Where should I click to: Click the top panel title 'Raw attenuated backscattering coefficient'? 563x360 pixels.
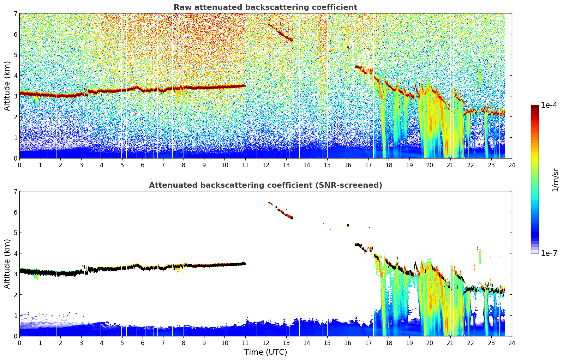[x=265, y=7]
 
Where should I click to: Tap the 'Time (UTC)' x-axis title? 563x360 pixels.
[x=265, y=352]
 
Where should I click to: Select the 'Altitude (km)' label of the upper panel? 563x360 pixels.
[x=7, y=86]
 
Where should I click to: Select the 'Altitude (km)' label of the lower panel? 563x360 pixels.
[x=7, y=264]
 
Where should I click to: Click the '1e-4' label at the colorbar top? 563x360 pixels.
[x=549, y=105]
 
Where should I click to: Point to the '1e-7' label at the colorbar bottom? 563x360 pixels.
[x=549, y=253]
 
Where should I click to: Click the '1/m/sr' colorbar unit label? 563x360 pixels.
[x=555, y=180]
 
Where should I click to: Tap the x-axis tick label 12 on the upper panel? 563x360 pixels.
[x=266, y=165]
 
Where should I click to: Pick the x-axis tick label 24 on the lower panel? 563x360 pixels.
[x=512, y=343]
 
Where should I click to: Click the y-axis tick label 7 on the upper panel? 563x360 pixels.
[x=16, y=13]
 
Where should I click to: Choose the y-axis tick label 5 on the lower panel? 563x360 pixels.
[x=16, y=233]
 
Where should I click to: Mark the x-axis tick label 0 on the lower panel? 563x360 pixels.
[x=20, y=343]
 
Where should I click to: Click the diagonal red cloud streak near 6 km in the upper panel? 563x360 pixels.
[x=281, y=32]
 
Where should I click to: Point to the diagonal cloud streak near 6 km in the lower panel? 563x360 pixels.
[x=281, y=210]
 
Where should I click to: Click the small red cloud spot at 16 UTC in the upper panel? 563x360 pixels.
[x=348, y=47]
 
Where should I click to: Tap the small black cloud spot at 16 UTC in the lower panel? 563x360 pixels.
[x=348, y=226]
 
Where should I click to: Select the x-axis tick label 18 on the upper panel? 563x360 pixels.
[x=389, y=165]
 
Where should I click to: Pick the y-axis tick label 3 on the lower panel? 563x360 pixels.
[x=16, y=274]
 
